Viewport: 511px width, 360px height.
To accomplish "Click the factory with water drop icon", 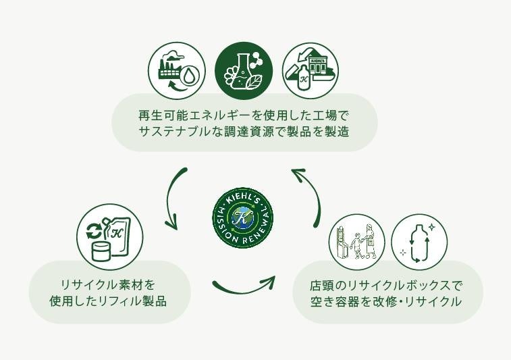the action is tap(177, 70).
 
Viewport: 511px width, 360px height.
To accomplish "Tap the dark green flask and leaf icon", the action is tap(244, 70).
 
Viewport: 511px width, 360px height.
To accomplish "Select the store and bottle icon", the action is tap(311, 70).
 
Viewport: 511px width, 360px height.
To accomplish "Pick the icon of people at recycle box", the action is tap(356, 242).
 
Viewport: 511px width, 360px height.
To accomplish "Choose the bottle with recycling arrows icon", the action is tap(419, 242).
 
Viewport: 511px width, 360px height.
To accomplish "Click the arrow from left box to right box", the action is tap(244, 285).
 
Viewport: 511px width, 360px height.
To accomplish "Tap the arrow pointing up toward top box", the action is tap(307, 195).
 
